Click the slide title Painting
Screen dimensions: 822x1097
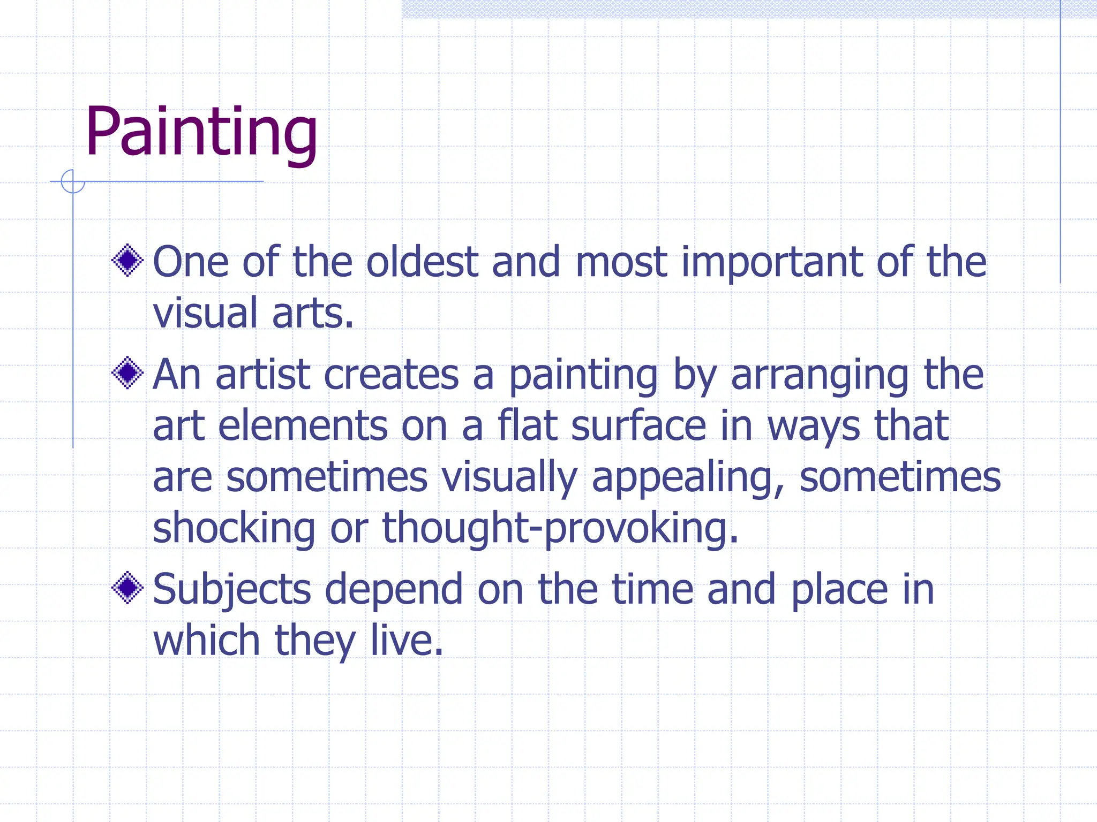pos(201,132)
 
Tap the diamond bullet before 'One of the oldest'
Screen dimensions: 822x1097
pos(127,261)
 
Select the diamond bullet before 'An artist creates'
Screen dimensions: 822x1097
pos(127,373)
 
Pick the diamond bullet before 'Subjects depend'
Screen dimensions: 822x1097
pos(127,588)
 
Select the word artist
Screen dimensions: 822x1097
pos(263,375)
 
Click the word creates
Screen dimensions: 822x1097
pos(391,375)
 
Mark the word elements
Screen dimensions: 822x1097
pos(303,426)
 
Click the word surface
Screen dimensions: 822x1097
pos(638,426)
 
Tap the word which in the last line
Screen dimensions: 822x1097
pos(206,640)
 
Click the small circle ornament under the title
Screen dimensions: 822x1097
pos(73,181)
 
